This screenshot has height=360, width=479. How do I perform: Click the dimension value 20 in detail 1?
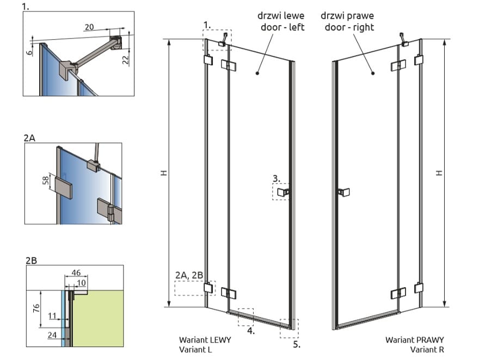tap(89, 27)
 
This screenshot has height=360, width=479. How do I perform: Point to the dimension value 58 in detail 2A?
tap(46, 181)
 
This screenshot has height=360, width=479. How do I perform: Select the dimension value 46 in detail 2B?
tap(76, 272)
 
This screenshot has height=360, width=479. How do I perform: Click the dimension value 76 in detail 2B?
tap(36, 308)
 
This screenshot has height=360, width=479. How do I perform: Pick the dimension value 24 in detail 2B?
tap(52, 335)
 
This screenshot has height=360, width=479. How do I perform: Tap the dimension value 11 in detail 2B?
tap(52, 315)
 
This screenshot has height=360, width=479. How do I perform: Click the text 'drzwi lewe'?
tap(281, 16)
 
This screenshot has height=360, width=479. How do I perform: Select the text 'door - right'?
tap(349, 27)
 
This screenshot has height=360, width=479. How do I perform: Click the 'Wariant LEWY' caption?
tap(205, 340)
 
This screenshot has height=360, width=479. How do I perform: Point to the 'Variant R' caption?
tap(427, 350)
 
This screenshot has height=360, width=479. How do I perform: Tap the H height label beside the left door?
tap(164, 173)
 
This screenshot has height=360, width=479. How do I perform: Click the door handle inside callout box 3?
tap(283, 192)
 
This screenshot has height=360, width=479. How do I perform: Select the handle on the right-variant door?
tap(343, 192)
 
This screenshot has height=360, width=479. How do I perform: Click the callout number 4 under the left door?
tap(251, 331)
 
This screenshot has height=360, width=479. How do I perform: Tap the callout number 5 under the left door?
tap(297, 345)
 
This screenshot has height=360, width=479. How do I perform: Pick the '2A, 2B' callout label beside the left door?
tap(189, 275)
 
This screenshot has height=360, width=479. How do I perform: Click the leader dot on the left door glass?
tap(257, 73)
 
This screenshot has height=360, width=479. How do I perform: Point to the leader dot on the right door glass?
tap(373, 73)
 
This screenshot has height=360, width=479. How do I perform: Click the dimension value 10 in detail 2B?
tap(81, 283)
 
